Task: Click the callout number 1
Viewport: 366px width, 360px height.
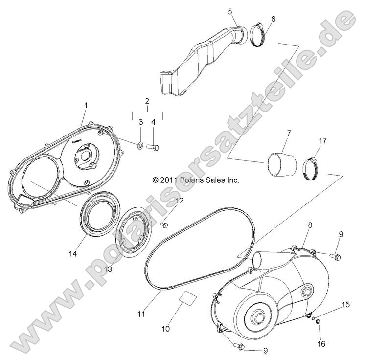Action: (86, 105)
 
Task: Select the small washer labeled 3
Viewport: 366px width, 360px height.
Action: (140, 145)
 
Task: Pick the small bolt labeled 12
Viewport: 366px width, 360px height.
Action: (165, 225)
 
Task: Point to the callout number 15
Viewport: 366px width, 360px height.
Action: (345, 304)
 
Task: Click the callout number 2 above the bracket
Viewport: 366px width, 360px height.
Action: (147, 101)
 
